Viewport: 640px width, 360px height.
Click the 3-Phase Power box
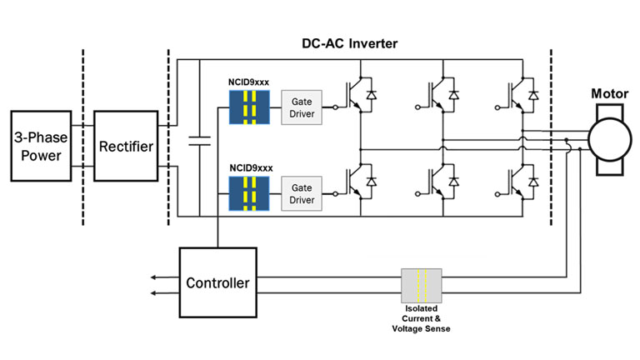pos(41,145)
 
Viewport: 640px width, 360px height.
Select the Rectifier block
pos(125,146)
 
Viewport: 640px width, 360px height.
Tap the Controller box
pos(217,282)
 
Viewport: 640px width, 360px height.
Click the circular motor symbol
pos(609,135)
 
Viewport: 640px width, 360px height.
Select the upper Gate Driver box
pos(302,107)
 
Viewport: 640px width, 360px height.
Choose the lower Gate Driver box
pos(302,193)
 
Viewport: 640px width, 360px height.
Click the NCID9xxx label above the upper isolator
pos(247,83)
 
